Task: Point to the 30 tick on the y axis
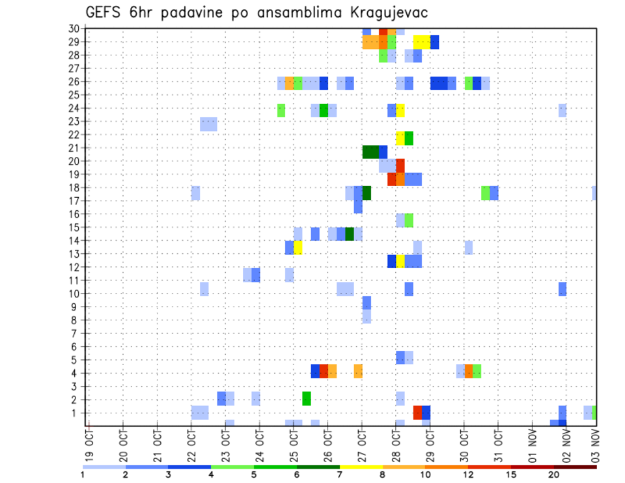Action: [x=74, y=28]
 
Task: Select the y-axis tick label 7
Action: [x=76, y=333]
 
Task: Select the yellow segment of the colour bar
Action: [x=361, y=467]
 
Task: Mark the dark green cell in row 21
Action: [x=370, y=152]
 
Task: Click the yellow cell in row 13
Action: [x=298, y=247]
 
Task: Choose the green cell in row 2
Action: [x=307, y=398]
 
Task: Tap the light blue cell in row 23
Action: [x=208, y=124]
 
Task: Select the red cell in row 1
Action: [x=417, y=413]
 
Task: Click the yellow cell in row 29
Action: [x=421, y=42]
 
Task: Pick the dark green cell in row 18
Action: [x=367, y=193]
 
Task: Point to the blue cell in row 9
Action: [x=367, y=303]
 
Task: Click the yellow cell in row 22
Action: [x=400, y=138]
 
